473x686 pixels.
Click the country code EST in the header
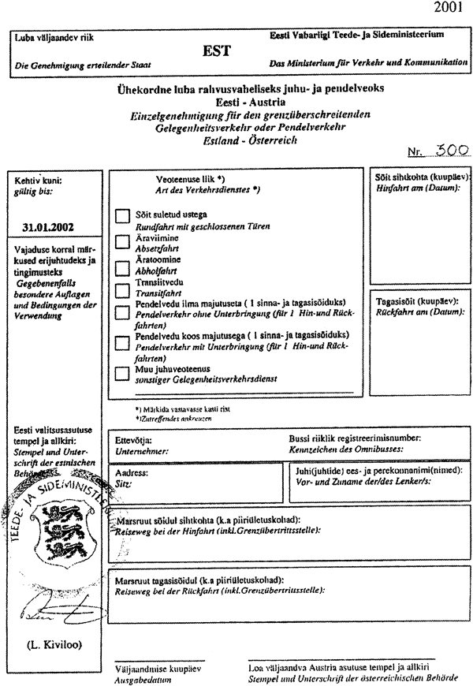tap(216, 50)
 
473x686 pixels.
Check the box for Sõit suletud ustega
tap(121, 214)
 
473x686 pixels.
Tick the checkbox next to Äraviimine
tap(121, 240)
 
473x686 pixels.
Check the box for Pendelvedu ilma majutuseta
tap(121, 312)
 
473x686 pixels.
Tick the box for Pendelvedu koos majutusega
tap(121, 341)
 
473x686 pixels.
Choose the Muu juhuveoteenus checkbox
tap(121, 372)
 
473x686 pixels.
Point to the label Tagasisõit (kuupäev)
tap(415, 303)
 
